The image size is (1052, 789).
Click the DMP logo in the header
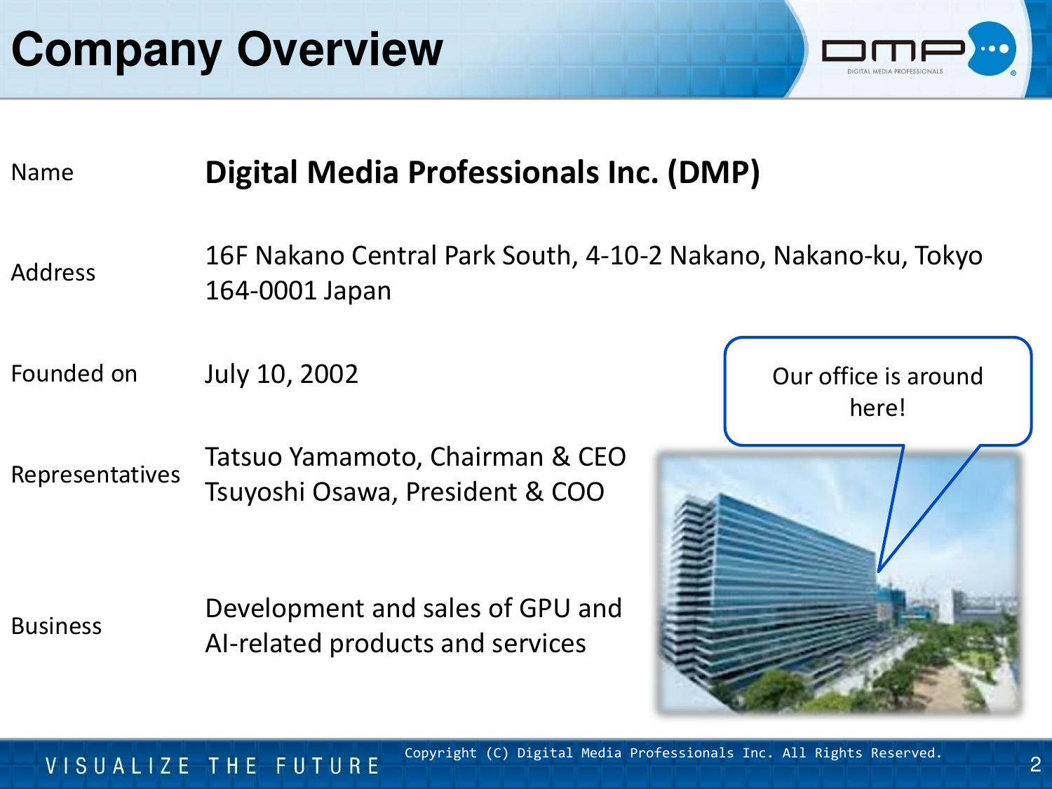click(x=919, y=49)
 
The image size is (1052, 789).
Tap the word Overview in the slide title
click(x=340, y=49)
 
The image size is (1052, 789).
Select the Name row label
click(x=42, y=172)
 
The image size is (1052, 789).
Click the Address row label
click(x=53, y=272)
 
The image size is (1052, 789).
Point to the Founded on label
click(x=74, y=373)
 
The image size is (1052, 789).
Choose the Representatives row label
click(x=95, y=475)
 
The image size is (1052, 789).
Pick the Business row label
click(x=57, y=626)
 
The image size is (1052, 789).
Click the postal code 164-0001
click(x=261, y=290)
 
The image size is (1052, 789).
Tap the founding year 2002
click(x=329, y=374)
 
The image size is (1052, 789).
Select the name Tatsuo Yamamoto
click(x=313, y=457)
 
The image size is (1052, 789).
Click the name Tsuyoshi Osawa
click(x=299, y=492)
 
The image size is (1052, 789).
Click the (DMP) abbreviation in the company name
click(x=714, y=173)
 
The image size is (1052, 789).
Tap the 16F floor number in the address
click(x=227, y=255)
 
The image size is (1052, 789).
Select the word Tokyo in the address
click(x=948, y=256)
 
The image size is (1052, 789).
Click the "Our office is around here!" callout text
click(x=877, y=392)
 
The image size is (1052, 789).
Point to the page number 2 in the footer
click(x=1035, y=764)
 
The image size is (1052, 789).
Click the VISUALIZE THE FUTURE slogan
click(x=213, y=766)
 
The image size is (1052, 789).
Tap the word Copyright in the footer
click(x=440, y=753)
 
